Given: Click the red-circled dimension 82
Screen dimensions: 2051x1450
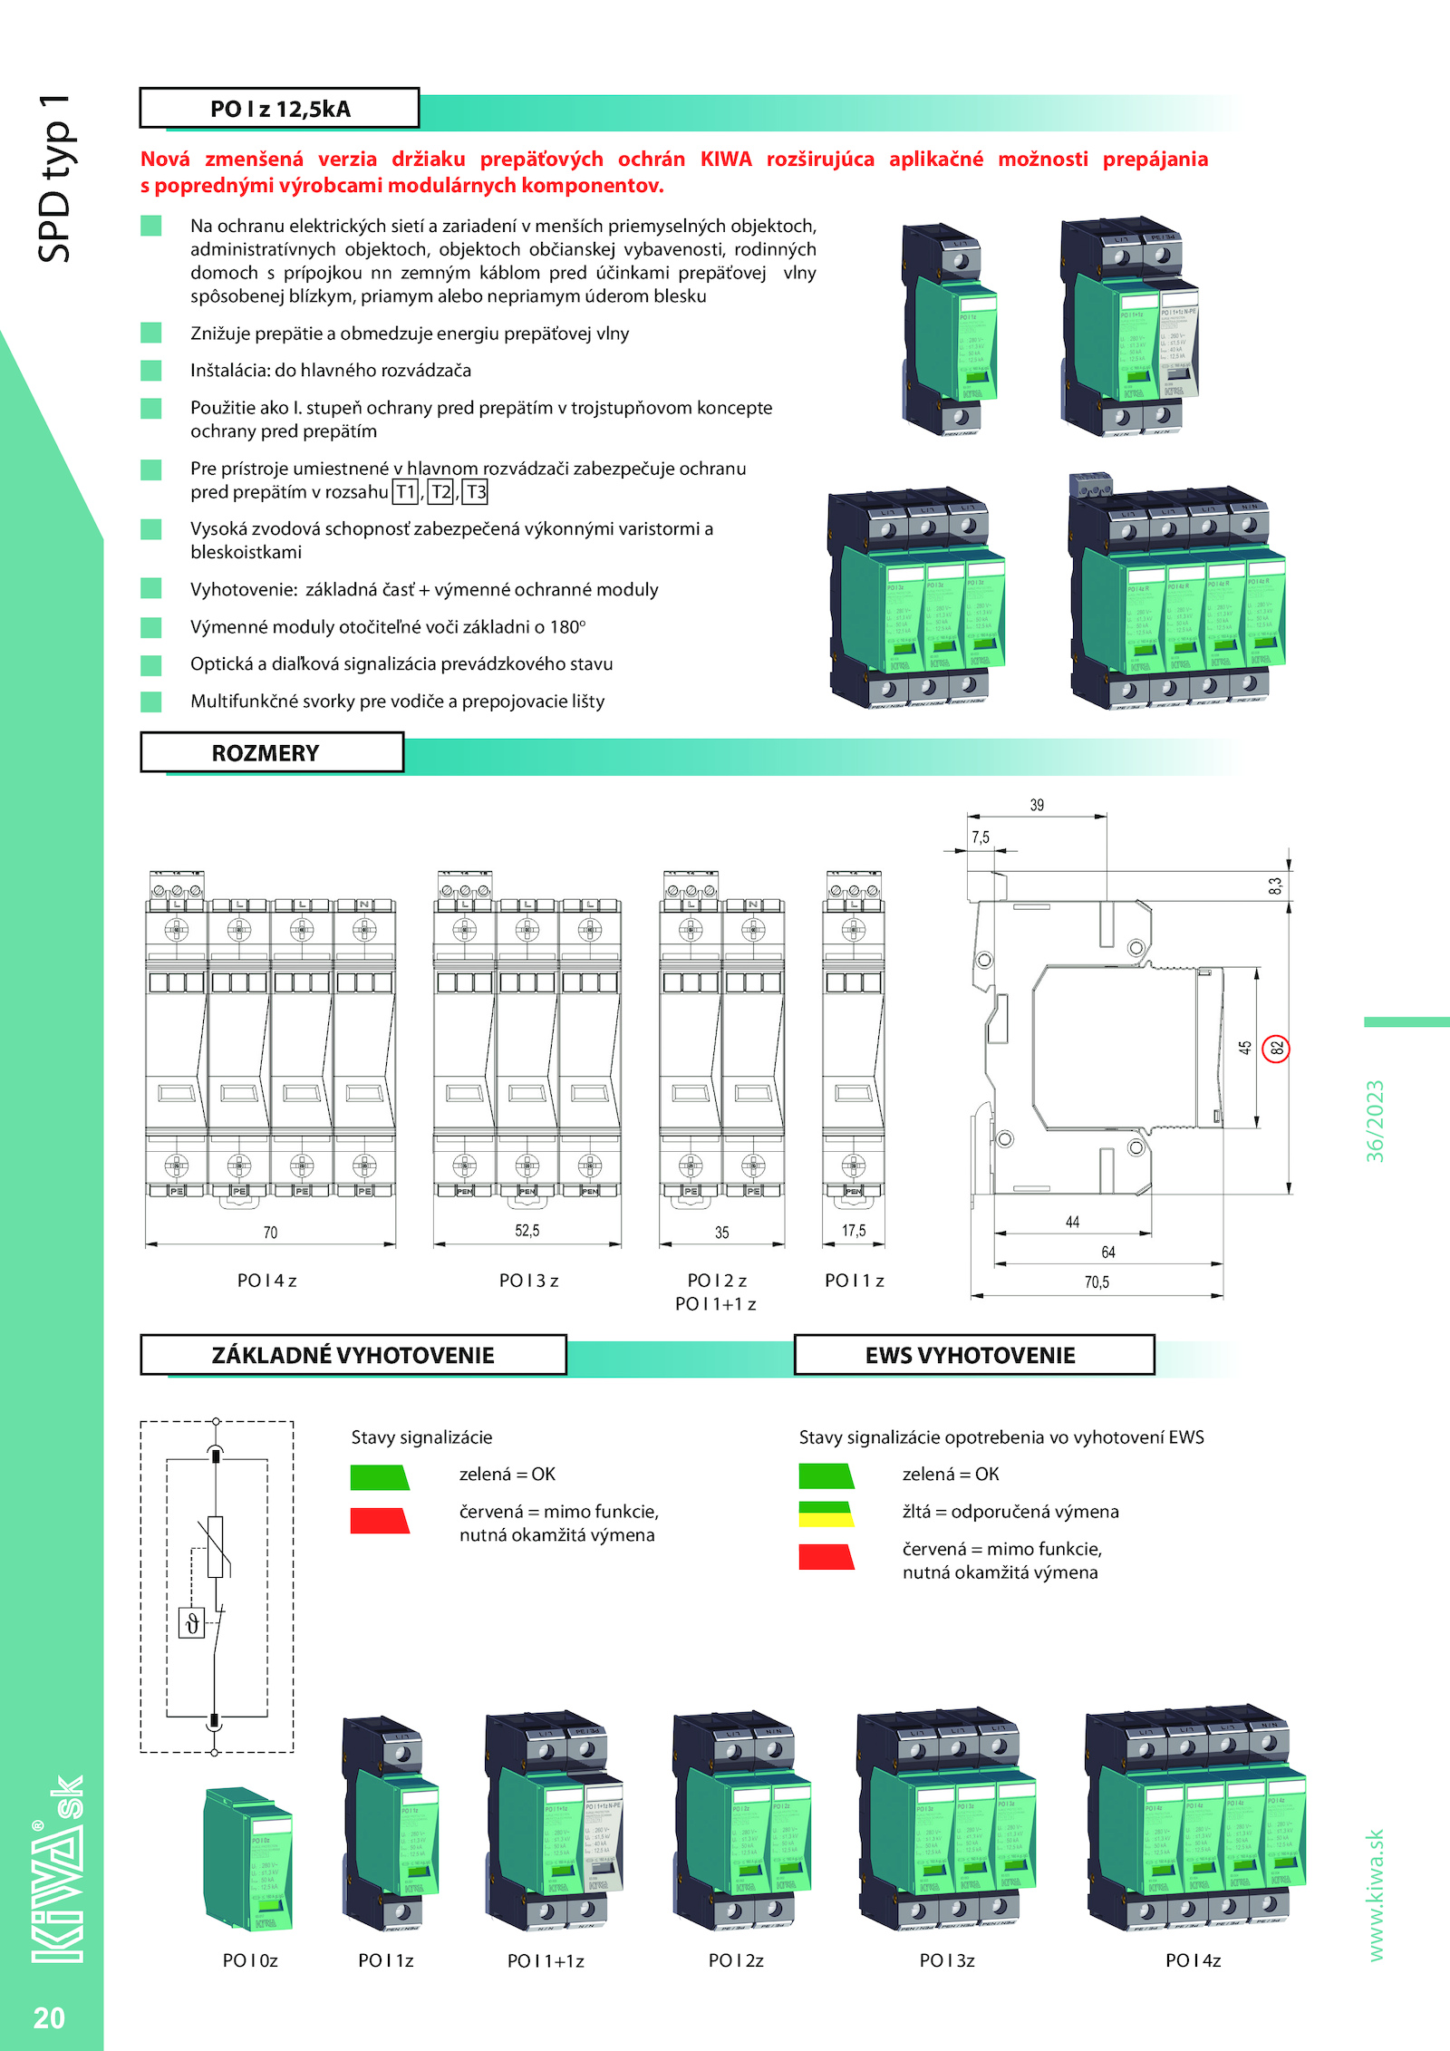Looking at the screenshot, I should [x=1276, y=1049].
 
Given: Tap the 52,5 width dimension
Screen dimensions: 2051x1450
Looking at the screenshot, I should [x=527, y=1231].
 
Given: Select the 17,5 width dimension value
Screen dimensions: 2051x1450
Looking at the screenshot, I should [x=854, y=1231].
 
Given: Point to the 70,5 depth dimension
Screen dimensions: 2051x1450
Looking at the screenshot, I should [x=1097, y=1282].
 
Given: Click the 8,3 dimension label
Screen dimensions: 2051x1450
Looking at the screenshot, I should [x=1276, y=886].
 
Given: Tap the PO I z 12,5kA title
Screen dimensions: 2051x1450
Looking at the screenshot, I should [x=279, y=110].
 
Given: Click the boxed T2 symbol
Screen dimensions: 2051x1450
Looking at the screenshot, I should [x=440, y=492].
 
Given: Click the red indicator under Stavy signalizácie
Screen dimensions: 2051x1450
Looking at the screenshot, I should [x=380, y=1521].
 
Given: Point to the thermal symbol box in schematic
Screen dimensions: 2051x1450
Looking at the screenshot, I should [x=192, y=1623].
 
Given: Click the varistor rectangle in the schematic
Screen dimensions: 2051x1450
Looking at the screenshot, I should [x=216, y=1547].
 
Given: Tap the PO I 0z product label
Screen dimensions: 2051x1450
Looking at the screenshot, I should [x=250, y=1960].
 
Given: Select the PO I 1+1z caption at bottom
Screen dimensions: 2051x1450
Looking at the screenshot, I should [x=546, y=1961].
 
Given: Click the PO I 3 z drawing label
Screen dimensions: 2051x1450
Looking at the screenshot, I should [x=528, y=1281].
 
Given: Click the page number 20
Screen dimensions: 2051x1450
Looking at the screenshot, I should [x=49, y=2017].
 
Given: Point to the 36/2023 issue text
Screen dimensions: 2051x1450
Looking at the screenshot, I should [x=1376, y=1121].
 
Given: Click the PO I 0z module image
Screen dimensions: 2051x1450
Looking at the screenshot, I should [x=249, y=1858].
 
